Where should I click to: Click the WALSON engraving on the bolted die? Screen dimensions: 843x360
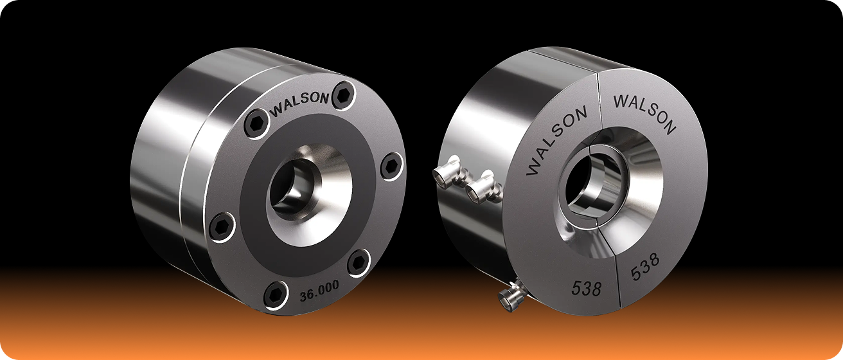pos(300,104)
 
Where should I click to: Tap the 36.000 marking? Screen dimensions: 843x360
pos(319,291)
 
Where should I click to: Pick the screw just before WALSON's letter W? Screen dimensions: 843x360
pos(257,123)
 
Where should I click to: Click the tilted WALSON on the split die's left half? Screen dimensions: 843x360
pos(556,141)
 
